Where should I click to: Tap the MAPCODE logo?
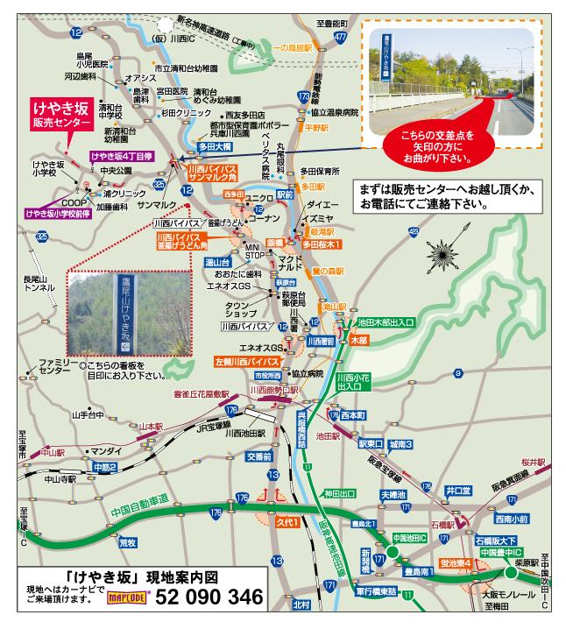point(125,599)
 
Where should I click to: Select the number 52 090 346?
point(208,597)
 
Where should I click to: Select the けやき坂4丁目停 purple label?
point(122,156)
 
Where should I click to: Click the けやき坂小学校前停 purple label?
point(60,212)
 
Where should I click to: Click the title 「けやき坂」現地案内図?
point(143,578)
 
